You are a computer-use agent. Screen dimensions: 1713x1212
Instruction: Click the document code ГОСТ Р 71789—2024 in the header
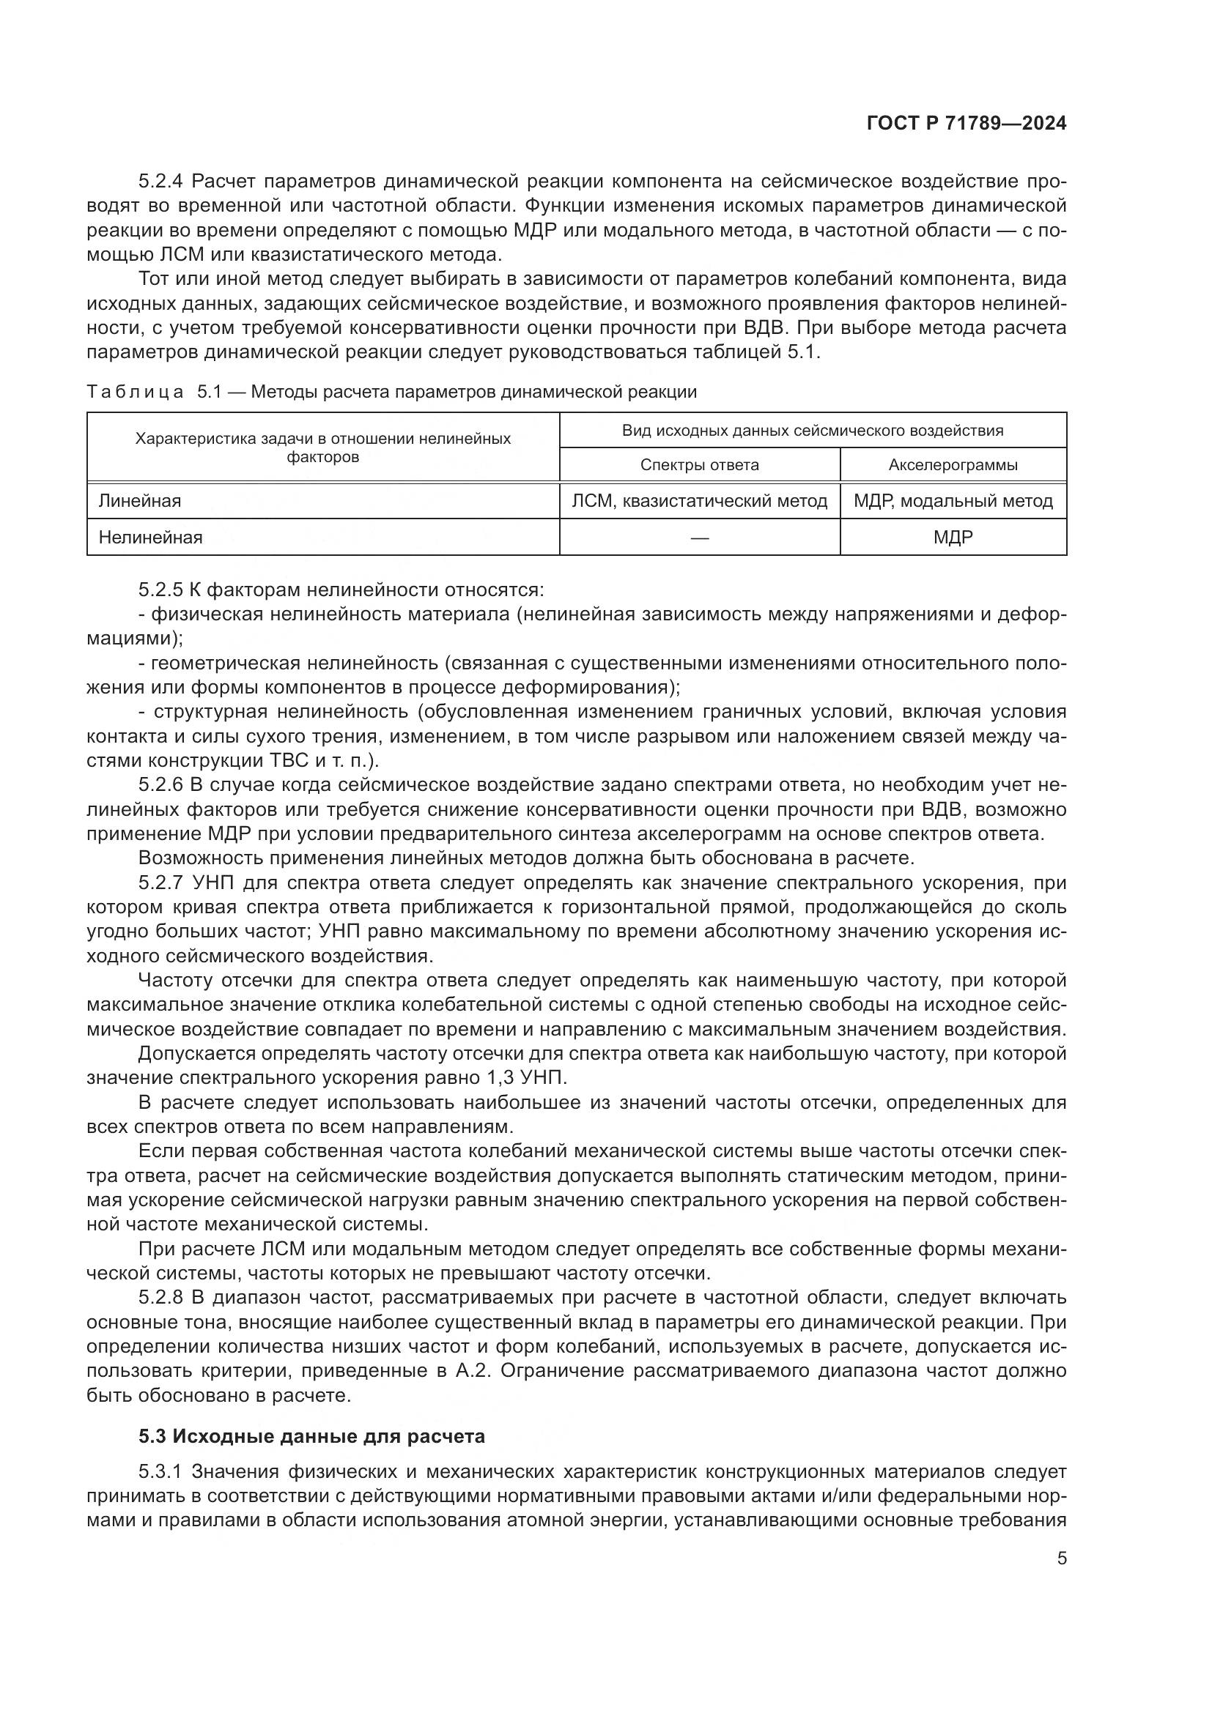click(966, 124)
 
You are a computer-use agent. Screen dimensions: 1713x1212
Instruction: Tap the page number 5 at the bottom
click(1061, 1558)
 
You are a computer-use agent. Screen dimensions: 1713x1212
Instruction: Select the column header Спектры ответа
click(699, 465)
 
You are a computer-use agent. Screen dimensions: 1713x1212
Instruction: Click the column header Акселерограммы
click(953, 465)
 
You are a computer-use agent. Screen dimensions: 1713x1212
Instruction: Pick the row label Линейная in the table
click(139, 501)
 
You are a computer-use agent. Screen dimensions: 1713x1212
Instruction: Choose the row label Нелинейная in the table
click(150, 537)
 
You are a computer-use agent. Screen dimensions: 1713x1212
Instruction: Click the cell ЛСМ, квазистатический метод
click(699, 501)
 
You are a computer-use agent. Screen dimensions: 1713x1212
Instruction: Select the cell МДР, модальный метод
click(953, 501)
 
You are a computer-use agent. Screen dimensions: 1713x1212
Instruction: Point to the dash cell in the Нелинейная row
click(699, 537)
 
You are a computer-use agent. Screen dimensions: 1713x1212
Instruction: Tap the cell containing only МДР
click(953, 537)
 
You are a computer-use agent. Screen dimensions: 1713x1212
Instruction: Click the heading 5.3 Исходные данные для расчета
click(311, 1436)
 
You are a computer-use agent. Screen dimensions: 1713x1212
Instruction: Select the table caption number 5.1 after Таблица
click(210, 392)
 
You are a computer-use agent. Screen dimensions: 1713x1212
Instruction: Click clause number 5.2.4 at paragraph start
click(160, 182)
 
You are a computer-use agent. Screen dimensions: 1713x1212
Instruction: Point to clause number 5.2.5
click(160, 590)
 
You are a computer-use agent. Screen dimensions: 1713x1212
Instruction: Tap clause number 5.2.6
click(160, 785)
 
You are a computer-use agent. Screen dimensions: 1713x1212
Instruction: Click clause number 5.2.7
click(160, 882)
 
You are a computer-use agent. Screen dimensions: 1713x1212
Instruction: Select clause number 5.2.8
click(160, 1298)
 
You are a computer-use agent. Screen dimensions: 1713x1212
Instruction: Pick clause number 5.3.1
click(160, 1472)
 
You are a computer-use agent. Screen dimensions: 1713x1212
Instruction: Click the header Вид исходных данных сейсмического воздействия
click(812, 431)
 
